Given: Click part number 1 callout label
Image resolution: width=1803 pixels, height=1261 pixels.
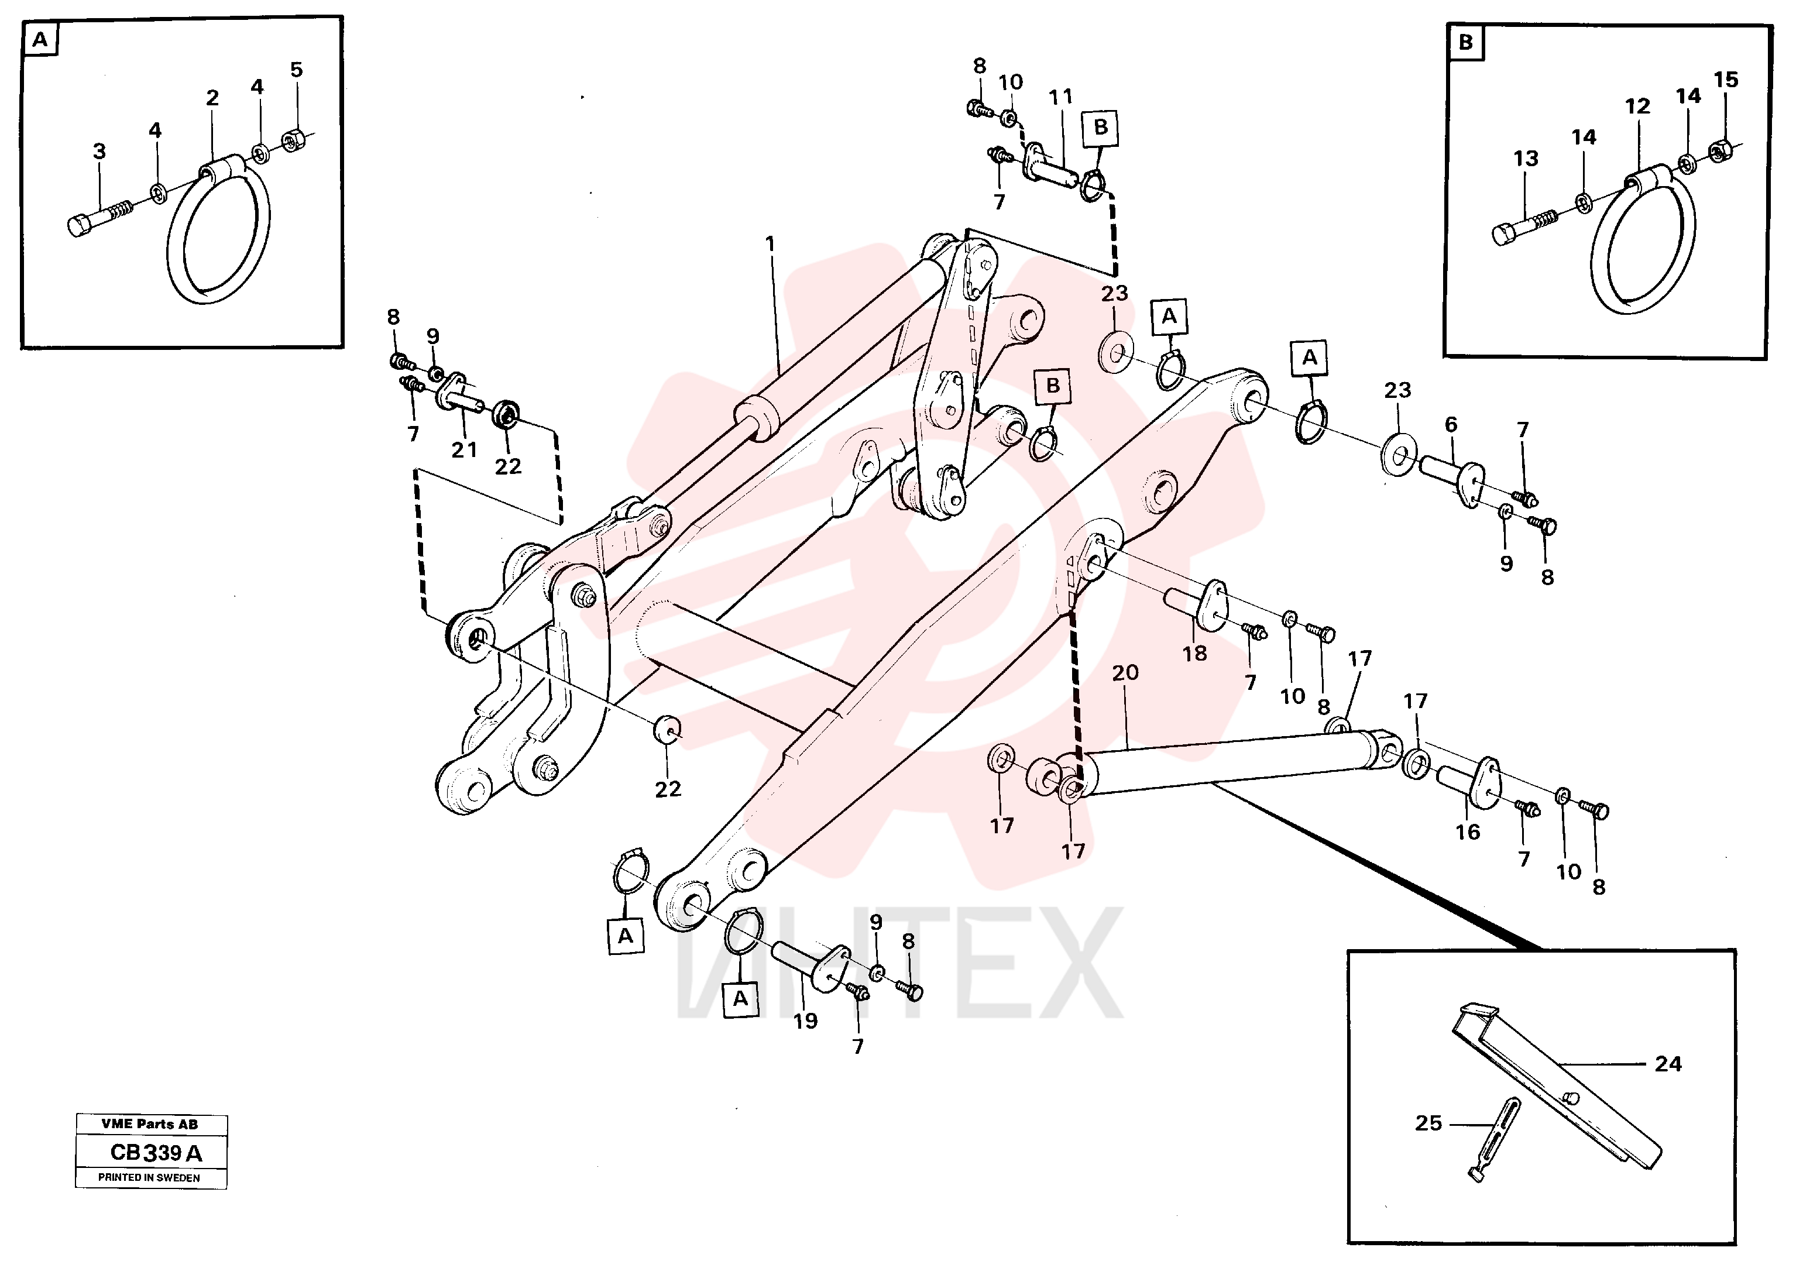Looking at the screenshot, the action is pos(770,244).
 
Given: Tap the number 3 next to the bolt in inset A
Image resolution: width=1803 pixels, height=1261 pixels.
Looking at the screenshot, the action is pos(99,152).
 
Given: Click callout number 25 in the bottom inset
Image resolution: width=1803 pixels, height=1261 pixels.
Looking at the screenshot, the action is pos(1428,1123).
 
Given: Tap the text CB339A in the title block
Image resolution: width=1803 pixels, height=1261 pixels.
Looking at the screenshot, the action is pos(156,1153).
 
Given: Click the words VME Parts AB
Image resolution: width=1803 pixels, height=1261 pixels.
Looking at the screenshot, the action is pos(149,1125).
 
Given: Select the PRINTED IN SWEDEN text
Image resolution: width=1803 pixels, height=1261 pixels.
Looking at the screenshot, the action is pos(149,1178).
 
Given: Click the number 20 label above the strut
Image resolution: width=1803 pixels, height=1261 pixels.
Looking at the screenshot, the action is pos(1125,673).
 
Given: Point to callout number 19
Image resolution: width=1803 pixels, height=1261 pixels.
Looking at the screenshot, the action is pos(805,1021).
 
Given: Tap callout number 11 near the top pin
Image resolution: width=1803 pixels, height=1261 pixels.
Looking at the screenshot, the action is pos(1060,97).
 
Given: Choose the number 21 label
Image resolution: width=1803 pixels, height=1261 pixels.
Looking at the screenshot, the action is pos(464,450).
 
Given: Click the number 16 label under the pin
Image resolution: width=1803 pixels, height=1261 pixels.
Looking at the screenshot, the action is pos(1468,832).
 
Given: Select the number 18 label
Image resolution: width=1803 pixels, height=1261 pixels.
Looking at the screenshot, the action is pos(1194,652).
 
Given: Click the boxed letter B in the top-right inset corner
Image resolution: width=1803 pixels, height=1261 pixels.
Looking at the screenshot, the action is pos(1465,42).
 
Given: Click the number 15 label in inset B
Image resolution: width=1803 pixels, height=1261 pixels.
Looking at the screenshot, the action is pos(1725,80).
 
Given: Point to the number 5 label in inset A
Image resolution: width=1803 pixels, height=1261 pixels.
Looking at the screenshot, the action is pos(296,69).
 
